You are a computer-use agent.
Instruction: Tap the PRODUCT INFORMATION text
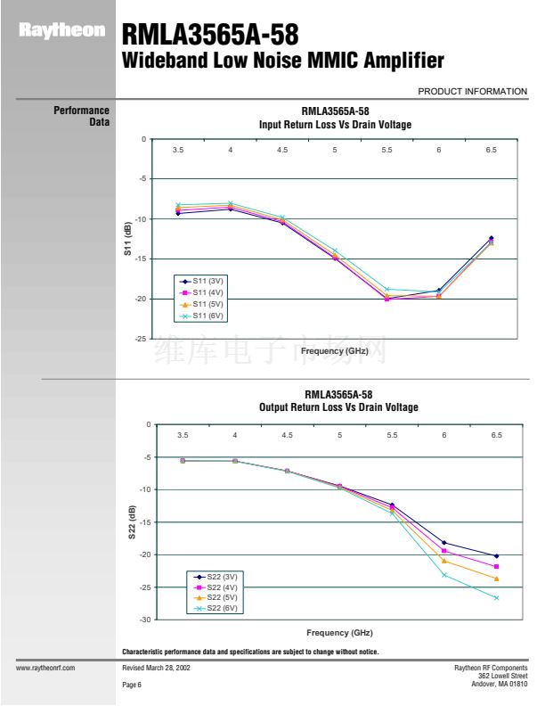[472, 91]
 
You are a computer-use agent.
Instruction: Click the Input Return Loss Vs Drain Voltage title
[335, 125]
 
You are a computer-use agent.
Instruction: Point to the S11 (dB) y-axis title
[127, 239]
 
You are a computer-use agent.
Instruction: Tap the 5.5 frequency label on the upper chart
[386, 151]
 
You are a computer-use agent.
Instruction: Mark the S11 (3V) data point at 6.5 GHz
[491, 238]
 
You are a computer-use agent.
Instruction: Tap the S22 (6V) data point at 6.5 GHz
[496, 597]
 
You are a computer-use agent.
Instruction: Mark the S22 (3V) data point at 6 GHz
[443, 543]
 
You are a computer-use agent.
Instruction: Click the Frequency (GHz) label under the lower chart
[339, 632]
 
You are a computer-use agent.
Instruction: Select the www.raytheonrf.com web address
[45, 667]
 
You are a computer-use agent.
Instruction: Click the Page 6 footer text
[132, 684]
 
